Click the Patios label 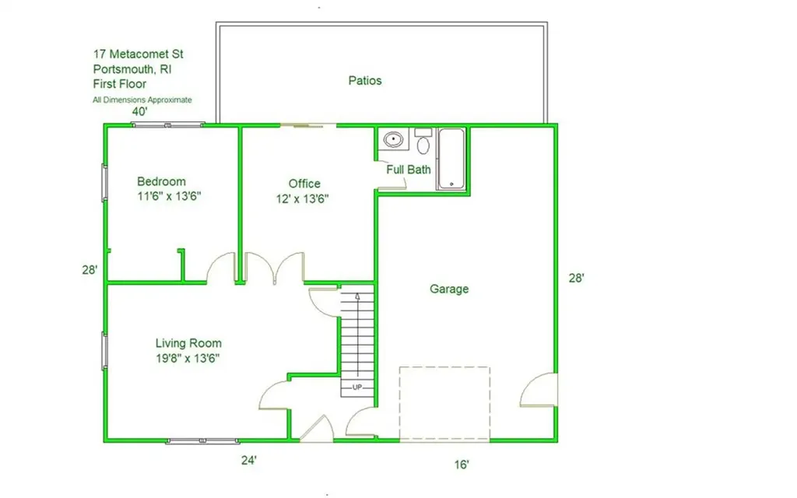pyautogui.click(x=365, y=81)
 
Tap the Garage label pyautogui.click(x=449, y=289)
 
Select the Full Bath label pyautogui.click(x=408, y=170)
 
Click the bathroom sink pyautogui.click(x=393, y=139)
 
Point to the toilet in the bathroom pyautogui.click(x=423, y=142)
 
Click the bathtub pyautogui.click(x=451, y=159)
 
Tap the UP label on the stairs pyautogui.click(x=357, y=388)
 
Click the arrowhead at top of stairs pyautogui.click(x=357, y=296)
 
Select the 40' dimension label pyautogui.click(x=140, y=112)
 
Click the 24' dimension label pyautogui.click(x=248, y=461)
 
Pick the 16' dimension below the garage pyautogui.click(x=462, y=465)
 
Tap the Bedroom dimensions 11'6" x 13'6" pyautogui.click(x=169, y=196)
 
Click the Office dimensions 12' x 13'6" pyautogui.click(x=303, y=198)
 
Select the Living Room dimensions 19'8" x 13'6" pyautogui.click(x=188, y=358)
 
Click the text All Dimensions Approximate pyautogui.click(x=142, y=100)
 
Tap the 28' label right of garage pyautogui.click(x=577, y=278)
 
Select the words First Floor pyautogui.click(x=119, y=84)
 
